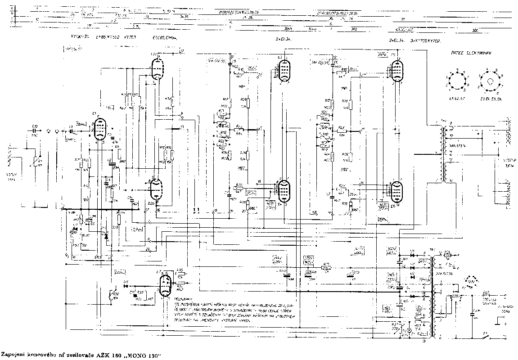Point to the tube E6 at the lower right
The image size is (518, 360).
tap(396, 192)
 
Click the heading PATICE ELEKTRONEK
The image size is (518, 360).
tap(471, 53)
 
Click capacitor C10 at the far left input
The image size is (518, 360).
tap(35, 131)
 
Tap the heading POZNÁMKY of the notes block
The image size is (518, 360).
tap(181, 299)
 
